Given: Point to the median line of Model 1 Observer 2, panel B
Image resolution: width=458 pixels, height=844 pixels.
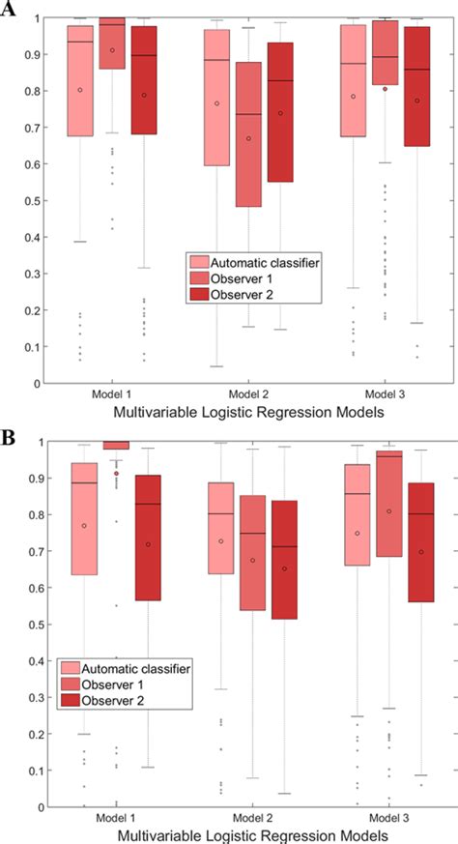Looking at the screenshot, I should click(147, 504).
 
